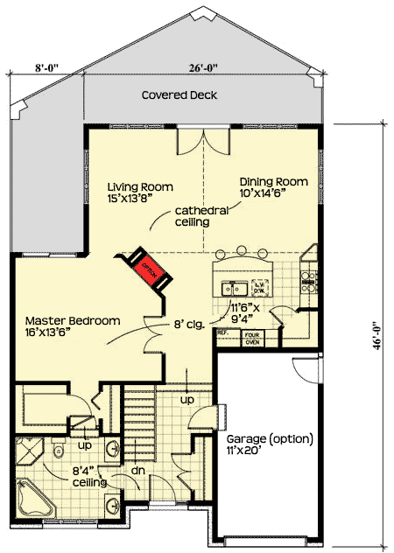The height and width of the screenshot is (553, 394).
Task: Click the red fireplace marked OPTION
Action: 146,269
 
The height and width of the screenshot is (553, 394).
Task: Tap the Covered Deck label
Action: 179,94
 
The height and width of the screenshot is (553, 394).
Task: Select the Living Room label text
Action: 140,192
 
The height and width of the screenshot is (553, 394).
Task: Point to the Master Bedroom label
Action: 72,326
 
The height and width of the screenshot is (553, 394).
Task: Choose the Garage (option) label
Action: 269,444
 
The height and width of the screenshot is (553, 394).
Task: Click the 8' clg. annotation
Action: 187,323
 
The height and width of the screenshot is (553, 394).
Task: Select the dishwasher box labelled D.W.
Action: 260,286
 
